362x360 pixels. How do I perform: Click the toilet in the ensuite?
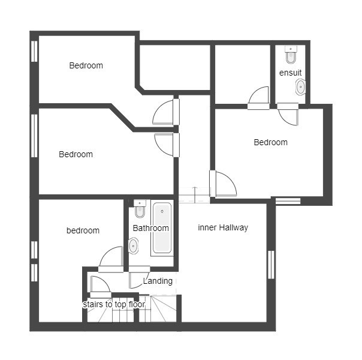click(x=291, y=55)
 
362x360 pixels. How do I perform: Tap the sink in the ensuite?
click(x=300, y=87)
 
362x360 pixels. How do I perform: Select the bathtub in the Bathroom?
click(x=162, y=228)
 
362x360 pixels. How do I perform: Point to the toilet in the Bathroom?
click(x=140, y=209)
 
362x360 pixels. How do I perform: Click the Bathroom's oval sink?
click(x=134, y=246)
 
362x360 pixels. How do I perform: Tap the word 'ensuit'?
click(x=291, y=73)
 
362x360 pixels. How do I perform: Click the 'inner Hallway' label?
click(x=223, y=227)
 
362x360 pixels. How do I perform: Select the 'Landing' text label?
click(x=158, y=281)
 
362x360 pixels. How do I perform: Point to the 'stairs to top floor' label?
click(x=114, y=304)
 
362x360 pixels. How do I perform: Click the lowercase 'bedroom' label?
click(x=83, y=230)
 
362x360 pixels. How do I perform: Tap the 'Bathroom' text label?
click(x=151, y=228)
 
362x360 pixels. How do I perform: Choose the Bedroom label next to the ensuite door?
click(x=270, y=142)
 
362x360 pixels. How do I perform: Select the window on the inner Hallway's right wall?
click(x=271, y=265)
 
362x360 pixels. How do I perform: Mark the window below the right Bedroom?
click(x=288, y=201)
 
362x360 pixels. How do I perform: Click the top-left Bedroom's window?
click(x=34, y=51)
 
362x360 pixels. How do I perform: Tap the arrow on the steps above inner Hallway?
click(x=195, y=194)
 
